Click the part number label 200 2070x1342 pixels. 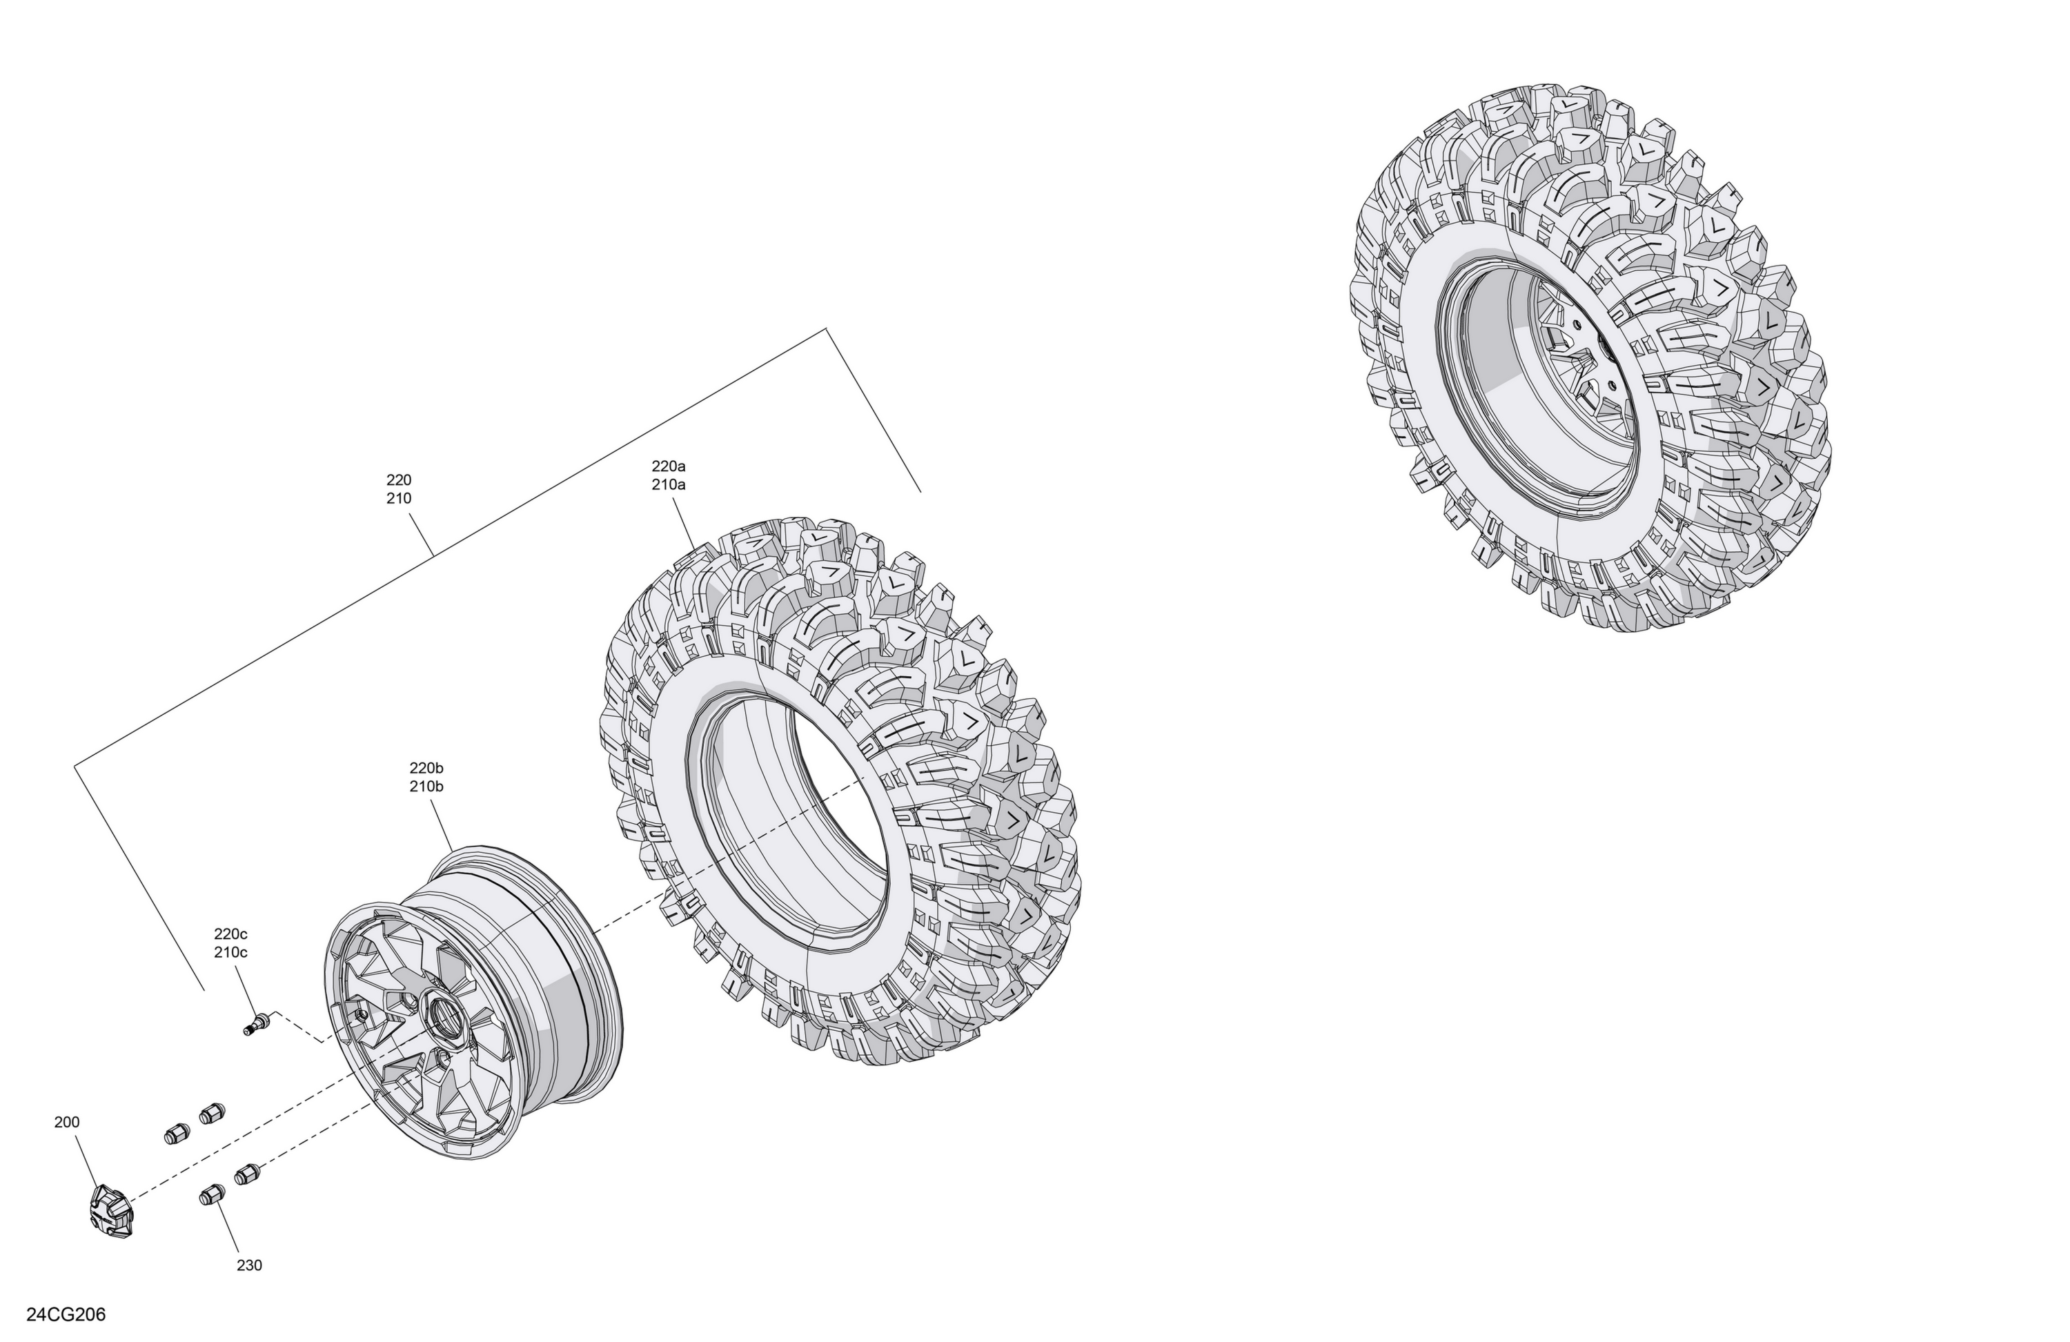click(x=67, y=1122)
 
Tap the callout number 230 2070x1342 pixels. click(x=250, y=1265)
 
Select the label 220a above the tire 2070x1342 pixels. click(x=669, y=466)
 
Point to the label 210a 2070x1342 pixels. click(x=669, y=484)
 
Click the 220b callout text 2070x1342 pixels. click(x=427, y=768)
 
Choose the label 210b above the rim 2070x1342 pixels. click(x=427, y=787)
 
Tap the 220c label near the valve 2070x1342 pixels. click(x=231, y=934)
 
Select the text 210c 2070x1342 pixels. click(x=231, y=951)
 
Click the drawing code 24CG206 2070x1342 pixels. click(x=66, y=1314)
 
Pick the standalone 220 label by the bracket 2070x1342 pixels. click(x=400, y=480)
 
